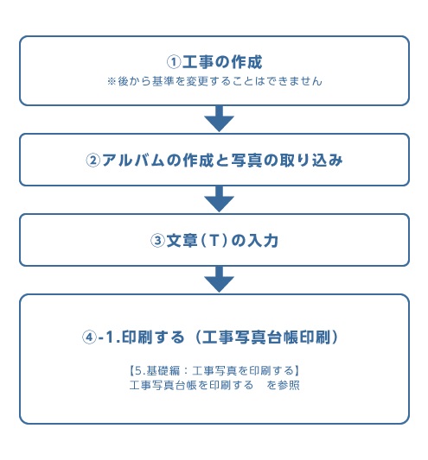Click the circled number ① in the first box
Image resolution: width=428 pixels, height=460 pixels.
174,62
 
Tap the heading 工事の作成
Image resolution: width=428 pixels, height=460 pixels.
222,62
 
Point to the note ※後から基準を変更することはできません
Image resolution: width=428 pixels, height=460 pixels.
214,81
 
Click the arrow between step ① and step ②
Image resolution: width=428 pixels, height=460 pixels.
219,119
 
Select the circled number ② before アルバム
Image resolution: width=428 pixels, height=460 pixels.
93,161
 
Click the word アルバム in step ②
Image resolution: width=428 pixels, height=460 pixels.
133,161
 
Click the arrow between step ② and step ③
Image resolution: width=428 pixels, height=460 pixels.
219,198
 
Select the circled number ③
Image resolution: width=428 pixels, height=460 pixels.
157,241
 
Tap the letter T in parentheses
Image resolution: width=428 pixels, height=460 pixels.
214,241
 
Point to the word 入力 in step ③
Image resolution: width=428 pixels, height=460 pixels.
263,241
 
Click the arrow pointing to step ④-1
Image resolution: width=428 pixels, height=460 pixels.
219,280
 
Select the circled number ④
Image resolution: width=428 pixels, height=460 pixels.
89,337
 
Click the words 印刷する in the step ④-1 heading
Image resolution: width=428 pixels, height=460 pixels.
153,337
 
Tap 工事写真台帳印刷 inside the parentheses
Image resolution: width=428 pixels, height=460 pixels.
265,337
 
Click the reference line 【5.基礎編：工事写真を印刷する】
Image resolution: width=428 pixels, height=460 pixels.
214,371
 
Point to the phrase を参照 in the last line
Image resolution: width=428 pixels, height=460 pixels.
283,385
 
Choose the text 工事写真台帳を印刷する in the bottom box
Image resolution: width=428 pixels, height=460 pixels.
191,385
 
